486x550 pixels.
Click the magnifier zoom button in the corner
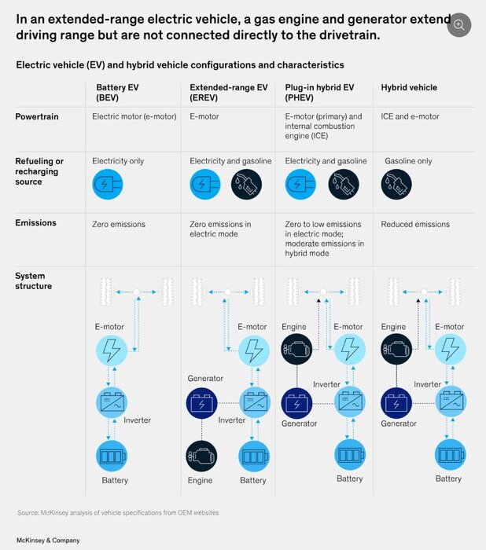(x=458, y=24)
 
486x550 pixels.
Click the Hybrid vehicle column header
(x=409, y=88)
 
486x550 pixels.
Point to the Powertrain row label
(x=36, y=116)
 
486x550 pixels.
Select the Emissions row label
(x=35, y=223)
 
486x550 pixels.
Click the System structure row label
(x=31, y=281)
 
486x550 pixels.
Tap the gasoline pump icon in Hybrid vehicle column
(x=396, y=185)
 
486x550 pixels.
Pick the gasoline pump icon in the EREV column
(x=246, y=185)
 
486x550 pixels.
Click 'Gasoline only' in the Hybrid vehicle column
(x=408, y=161)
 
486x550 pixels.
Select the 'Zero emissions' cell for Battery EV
(x=119, y=225)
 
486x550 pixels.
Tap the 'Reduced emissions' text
(x=415, y=225)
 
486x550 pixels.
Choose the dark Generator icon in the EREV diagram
(x=202, y=404)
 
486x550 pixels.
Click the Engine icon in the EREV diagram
(x=202, y=456)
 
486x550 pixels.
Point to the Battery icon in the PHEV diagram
(x=350, y=453)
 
